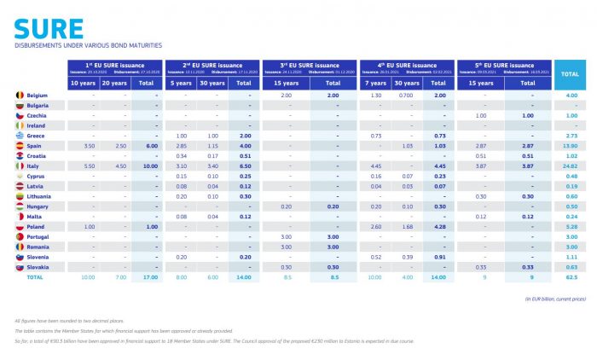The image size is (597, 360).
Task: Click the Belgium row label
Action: (37, 95)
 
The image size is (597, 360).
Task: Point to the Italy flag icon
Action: (19, 165)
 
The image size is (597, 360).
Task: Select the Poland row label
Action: (36, 226)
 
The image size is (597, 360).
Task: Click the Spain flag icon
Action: (19, 145)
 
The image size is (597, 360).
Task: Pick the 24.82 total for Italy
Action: (571, 165)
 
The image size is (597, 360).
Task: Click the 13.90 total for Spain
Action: (571, 145)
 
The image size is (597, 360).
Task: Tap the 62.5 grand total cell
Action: (571, 276)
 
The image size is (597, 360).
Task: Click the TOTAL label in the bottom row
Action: (34, 276)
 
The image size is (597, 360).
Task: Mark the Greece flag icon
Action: (19, 135)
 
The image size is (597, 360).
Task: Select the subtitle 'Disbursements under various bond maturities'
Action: (88, 45)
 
